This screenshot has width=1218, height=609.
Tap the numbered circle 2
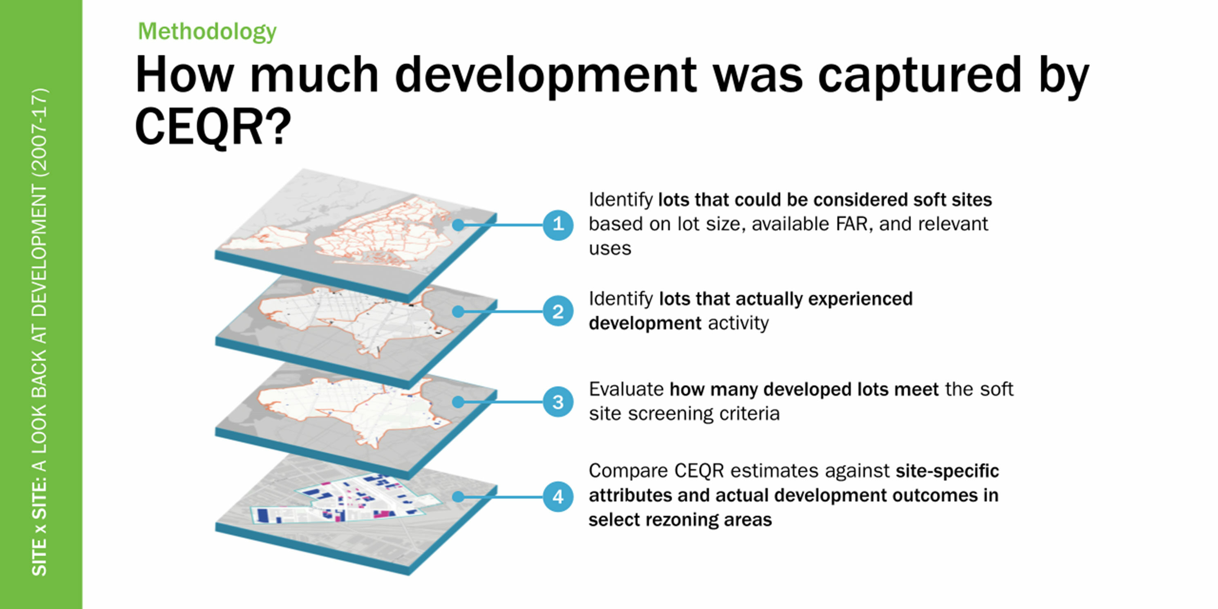coord(558,311)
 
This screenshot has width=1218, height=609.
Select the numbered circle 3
coord(558,402)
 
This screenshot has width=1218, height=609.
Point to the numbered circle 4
coord(558,497)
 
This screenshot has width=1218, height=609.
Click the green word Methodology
coord(207,32)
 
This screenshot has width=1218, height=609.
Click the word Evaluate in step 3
coord(626,389)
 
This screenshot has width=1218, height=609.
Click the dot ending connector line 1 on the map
coord(458,225)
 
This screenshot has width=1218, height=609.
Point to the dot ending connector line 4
coord(458,497)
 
